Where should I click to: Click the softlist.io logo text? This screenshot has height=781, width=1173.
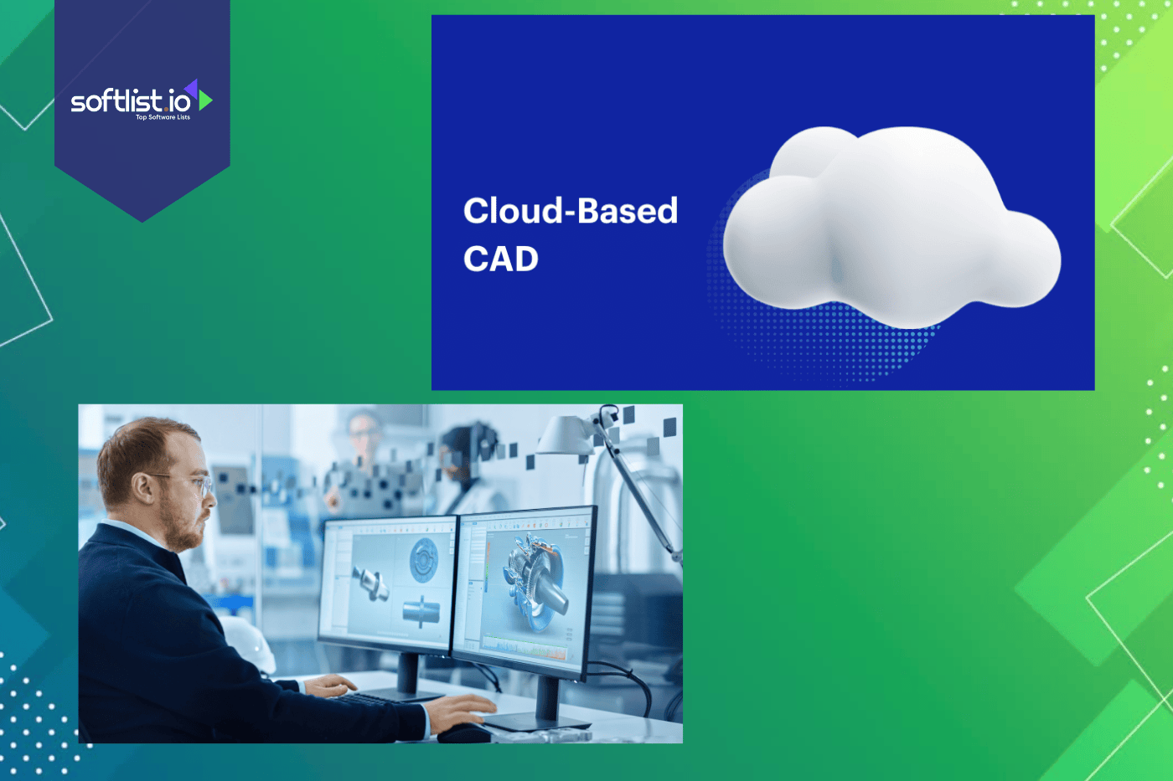point(131,101)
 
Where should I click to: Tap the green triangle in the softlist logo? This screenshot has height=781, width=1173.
point(205,100)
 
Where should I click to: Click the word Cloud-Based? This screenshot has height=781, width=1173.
point(570,211)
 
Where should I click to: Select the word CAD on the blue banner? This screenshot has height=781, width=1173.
point(501,259)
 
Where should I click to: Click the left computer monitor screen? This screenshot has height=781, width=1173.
point(387,582)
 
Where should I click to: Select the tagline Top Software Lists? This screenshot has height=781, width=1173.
point(163,117)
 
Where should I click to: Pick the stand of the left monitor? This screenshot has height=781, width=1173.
point(408,675)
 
